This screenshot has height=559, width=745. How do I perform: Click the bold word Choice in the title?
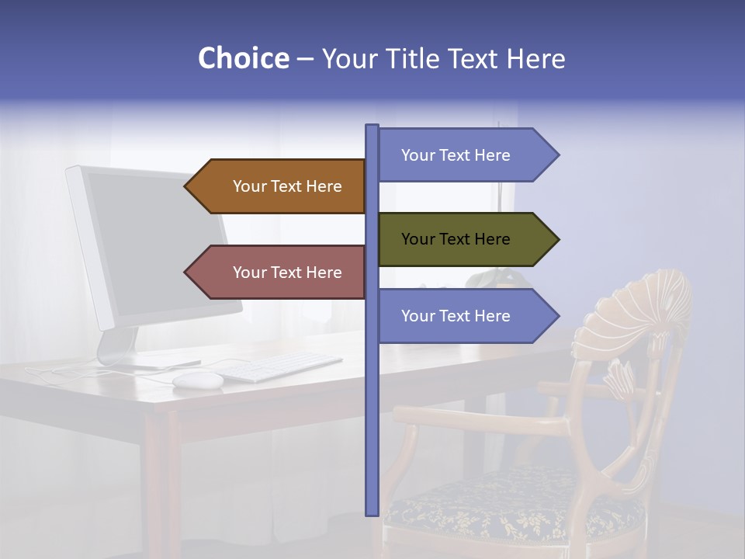(243, 58)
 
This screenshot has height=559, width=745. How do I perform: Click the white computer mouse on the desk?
(197, 380)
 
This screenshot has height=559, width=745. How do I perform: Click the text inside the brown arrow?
(287, 186)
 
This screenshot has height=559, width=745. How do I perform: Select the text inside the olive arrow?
(456, 239)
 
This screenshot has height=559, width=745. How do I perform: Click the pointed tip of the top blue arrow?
(557, 155)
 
